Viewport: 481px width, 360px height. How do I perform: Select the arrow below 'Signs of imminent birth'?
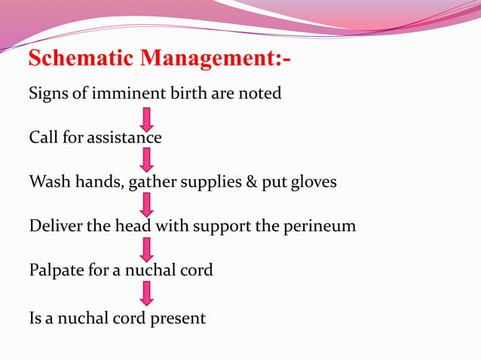[x=148, y=117]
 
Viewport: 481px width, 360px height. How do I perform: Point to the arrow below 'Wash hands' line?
[x=148, y=204]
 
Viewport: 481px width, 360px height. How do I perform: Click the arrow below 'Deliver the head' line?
[x=148, y=249]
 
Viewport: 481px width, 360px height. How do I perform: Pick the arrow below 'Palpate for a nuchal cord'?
[x=148, y=293]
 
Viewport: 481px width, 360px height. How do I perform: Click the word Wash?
[x=47, y=182]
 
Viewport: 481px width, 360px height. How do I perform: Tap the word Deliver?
[x=54, y=226]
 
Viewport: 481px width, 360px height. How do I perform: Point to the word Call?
[x=41, y=139]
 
